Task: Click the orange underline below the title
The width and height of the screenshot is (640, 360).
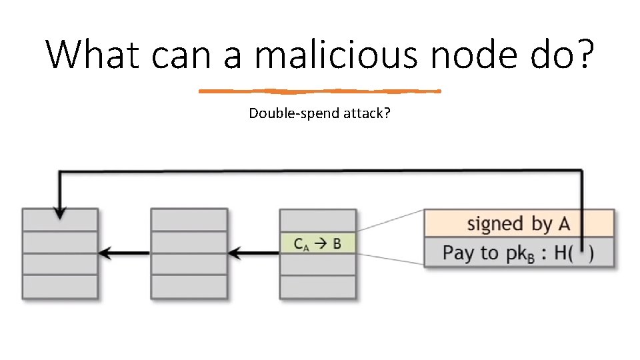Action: (320, 91)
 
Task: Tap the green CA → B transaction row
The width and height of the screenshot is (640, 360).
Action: (317, 243)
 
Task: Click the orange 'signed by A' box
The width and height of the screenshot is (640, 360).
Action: (519, 223)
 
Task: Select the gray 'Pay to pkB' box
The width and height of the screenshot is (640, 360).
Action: (519, 253)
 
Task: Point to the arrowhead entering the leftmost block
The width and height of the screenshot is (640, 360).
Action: (60, 213)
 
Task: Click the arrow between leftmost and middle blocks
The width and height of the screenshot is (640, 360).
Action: (124, 253)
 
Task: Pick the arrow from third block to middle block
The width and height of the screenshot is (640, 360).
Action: (253, 253)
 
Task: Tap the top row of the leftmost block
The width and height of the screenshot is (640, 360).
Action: (60, 219)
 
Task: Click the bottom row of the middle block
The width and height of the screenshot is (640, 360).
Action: (189, 287)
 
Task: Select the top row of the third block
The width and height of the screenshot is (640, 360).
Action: (317, 219)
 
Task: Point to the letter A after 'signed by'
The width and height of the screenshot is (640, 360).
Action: (564, 223)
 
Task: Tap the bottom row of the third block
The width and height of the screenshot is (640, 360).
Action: (317, 287)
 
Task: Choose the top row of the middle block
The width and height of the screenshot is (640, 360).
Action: (189, 219)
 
